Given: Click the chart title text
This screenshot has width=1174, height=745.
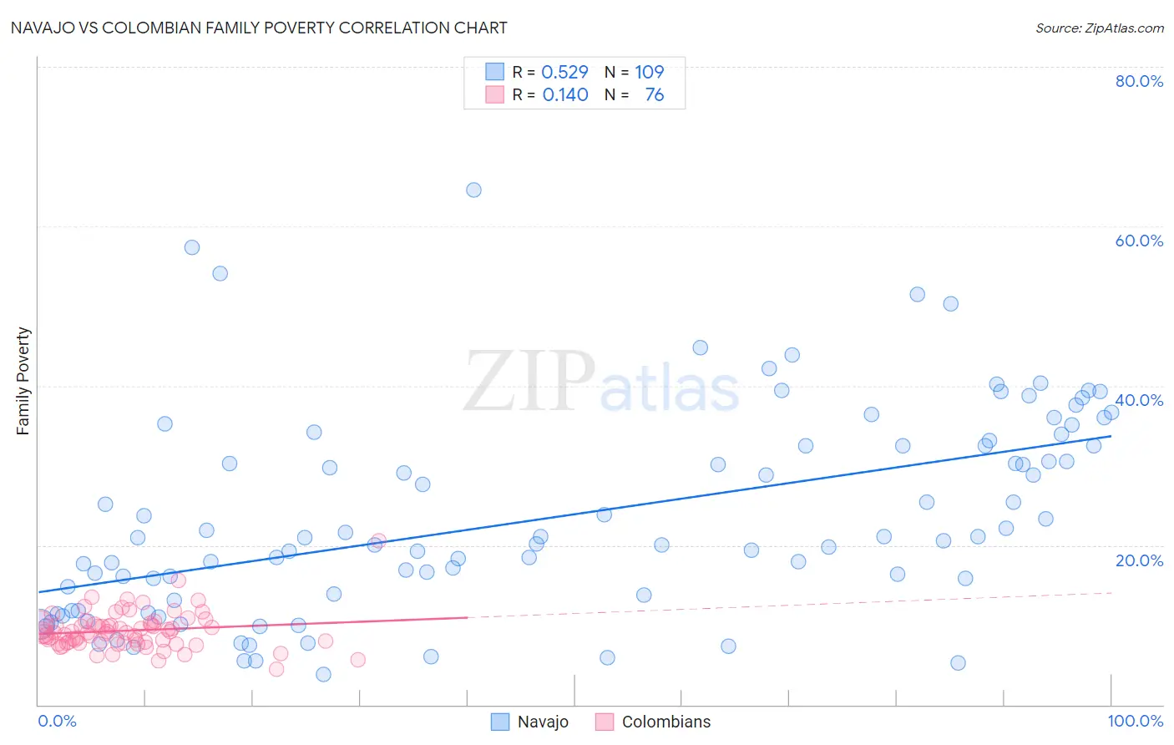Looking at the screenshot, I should click(258, 28).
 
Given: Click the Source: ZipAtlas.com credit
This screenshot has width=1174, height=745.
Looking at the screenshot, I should click(1099, 28).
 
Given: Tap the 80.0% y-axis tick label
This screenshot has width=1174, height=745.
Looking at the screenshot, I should click(1139, 81).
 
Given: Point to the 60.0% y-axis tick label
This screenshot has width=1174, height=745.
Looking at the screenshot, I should click(1139, 241).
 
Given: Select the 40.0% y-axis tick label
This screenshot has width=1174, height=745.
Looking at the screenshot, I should click(1139, 400).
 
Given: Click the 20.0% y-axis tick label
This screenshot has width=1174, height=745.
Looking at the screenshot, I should click(1139, 560).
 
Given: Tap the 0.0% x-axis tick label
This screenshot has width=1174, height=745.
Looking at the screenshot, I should click(57, 721).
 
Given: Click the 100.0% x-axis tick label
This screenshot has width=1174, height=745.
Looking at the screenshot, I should click(1135, 721).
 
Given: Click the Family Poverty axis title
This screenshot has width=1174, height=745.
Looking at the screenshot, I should click(23, 381).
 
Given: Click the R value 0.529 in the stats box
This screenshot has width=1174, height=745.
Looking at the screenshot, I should click(565, 72).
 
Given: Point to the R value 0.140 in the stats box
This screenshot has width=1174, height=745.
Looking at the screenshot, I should click(565, 94).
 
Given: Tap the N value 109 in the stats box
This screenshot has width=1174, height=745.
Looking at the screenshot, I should click(649, 72).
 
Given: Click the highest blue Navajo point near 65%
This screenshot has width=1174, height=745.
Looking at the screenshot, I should click(473, 190).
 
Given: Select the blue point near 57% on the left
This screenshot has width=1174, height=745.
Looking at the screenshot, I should click(192, 247).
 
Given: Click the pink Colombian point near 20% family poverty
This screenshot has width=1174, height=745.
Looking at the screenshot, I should click(378, 541).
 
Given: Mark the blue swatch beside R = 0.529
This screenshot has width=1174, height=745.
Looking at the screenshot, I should click(495, 72).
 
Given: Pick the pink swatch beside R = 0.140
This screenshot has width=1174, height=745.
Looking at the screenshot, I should click(495, 94).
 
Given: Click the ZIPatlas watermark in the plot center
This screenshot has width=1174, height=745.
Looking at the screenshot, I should click(601, 383).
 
